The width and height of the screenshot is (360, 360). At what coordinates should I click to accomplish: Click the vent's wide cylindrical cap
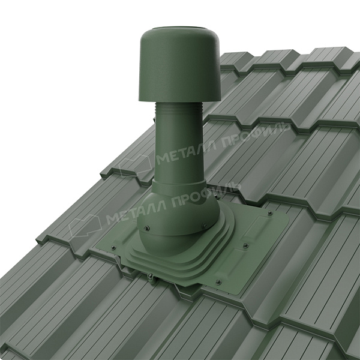click(x=179, y=67)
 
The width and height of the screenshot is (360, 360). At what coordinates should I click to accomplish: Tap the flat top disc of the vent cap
click(x=179, y=28)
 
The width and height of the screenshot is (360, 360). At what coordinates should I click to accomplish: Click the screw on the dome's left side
click(x=147, y=228)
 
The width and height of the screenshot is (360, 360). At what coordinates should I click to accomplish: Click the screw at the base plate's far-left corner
click(x=113, y=247)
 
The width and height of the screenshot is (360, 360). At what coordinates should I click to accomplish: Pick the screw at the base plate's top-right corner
click(x=270, y=213)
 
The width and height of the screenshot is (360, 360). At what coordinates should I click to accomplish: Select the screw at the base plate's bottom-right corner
click(x=218, y=282)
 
